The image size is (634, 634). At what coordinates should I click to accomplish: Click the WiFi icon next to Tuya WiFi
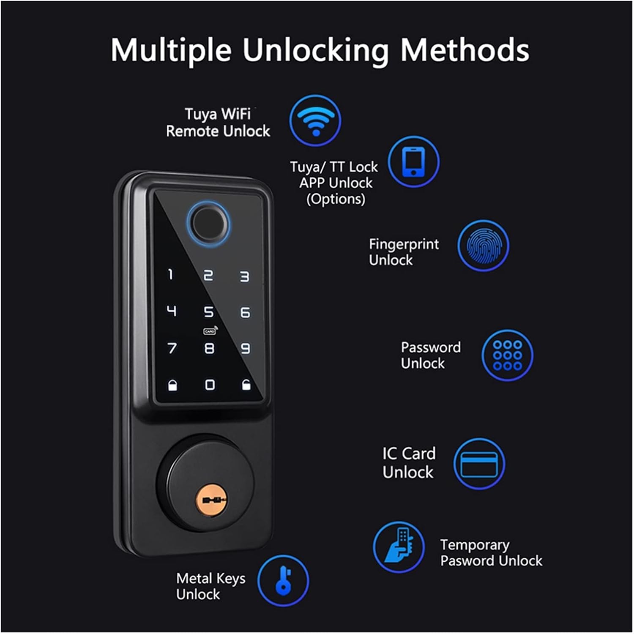[315, 120]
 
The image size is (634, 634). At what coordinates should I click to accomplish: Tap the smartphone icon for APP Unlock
[413, 161]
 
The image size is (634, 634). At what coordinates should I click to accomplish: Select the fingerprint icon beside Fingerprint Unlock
[483, 246]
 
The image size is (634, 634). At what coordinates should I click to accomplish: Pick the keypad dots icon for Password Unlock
[507, 355]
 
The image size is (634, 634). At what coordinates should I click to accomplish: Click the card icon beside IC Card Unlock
[479, 464]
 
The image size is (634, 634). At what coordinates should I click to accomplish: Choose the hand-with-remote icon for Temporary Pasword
[399, 547]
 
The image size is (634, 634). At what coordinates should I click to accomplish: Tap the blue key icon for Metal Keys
[283, 580]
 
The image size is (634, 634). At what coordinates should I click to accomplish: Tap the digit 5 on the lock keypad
[209, 312]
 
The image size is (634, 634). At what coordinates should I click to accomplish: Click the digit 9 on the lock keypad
[246, 348]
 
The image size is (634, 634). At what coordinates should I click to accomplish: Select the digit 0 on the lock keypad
[210, 385]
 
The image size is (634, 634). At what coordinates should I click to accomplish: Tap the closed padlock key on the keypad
[172, 385]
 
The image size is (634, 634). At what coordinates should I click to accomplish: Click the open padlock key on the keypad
[246, 385]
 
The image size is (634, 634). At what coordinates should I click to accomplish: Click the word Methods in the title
[465, 50]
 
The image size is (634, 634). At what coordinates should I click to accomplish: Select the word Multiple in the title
[171, 50]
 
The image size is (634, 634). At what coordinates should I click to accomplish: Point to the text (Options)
[336, 199]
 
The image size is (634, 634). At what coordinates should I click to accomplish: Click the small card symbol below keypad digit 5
[210, 331]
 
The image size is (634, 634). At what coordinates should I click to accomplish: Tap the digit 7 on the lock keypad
[172, 348]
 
